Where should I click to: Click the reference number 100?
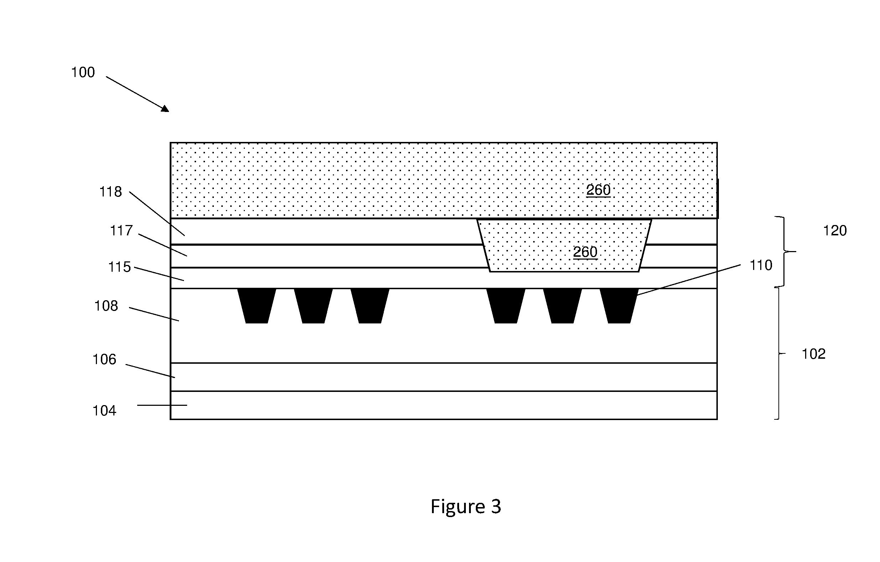pyautogui.click(x=83, y=72)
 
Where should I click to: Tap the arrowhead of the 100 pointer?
pyautogui.click(x=165, y=108)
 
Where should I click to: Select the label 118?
pyautogui.click(x=111, y=191)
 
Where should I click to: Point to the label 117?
pyautogui.click(x=121, y=231)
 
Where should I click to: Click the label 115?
pyautogui.click(x=119, y=267)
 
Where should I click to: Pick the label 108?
pyautogui.click(x=106, y=306)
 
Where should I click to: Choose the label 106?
pyautogui.click(x=104, y=359)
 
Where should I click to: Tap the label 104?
pyautogui.click(x=104, y=410)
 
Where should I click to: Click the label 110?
pyautogui.click(x=761, y=265)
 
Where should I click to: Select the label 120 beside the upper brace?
pyautogui.click(x=835, y=231)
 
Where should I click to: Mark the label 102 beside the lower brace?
pyautogui.click(x=813, y=354)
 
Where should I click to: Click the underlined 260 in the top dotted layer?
pyautogui.click(x=598, y=190)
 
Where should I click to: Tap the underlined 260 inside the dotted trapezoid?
pyautogui.click(x=585, y=252)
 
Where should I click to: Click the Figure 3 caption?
pyautogui.click(x=465, y=506)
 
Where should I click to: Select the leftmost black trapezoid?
pyautogui.click(x=257, y=306)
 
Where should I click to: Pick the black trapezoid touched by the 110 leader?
pyautogui.click(x=619, y=306)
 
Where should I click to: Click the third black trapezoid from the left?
pyautogui.click(x=370, y=306)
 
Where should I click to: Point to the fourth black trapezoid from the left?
pyautogui.click(x=506, y=306)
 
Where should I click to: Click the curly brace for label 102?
pyautogui.click(x=779, y=354)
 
